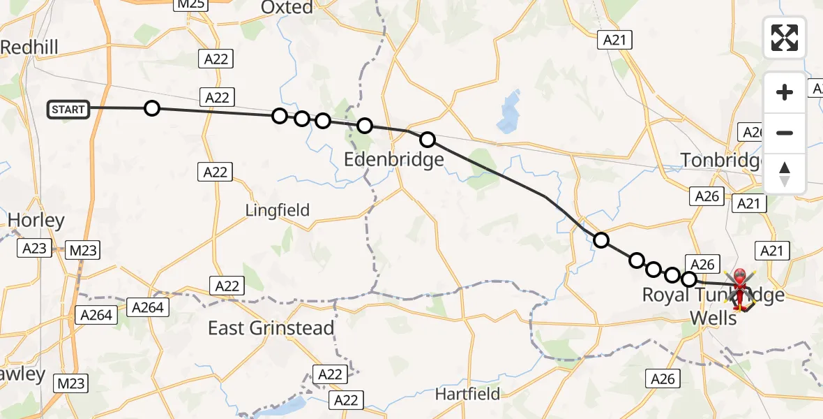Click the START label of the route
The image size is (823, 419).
tap(68, 110)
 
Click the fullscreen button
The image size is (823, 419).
tap(785, 38)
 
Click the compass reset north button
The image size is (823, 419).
tap(785, 174)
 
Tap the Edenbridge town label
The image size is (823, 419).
tap(393, 160)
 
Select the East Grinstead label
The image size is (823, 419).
tap(271, 328)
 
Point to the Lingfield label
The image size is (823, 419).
tap(277, 209)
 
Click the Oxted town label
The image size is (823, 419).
tap(287, 8)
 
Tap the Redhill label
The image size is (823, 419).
tap(29, 47)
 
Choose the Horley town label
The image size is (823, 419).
tap(36, 221)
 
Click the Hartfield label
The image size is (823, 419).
tap(467, 394)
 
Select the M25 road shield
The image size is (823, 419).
tap(190, 5)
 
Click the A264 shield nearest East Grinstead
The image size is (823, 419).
tap(148, 307)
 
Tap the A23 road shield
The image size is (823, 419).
tap(35, 249)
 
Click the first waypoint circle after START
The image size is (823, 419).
tap(152, 108)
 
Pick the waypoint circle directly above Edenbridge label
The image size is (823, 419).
tap(428, 140)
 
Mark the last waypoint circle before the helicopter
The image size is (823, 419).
tap(689, 279)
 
